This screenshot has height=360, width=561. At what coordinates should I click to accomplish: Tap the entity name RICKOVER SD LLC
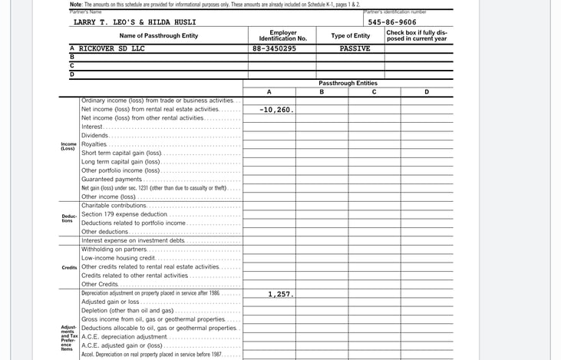(111, 48)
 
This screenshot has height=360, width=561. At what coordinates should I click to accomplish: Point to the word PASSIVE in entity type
(355, 48)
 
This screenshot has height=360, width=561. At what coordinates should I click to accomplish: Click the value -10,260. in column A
(276, 110)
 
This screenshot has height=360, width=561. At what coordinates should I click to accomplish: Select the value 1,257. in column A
(280, 294)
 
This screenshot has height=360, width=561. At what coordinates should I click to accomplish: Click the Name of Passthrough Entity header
(158, 35)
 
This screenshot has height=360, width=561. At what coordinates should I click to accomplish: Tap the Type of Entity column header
(350, 35)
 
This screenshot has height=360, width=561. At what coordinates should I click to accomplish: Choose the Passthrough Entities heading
(349, 82)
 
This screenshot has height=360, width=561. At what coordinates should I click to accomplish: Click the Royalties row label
(94, 144)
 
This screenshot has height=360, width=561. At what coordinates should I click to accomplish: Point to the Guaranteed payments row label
(112, 179)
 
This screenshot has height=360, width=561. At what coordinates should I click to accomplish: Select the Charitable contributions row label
(114, 206)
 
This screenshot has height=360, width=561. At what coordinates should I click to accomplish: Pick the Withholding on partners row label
(114, 249)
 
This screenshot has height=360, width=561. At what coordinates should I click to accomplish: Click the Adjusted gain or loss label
(110, 302)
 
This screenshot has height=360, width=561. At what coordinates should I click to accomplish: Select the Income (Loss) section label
(68, 146)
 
